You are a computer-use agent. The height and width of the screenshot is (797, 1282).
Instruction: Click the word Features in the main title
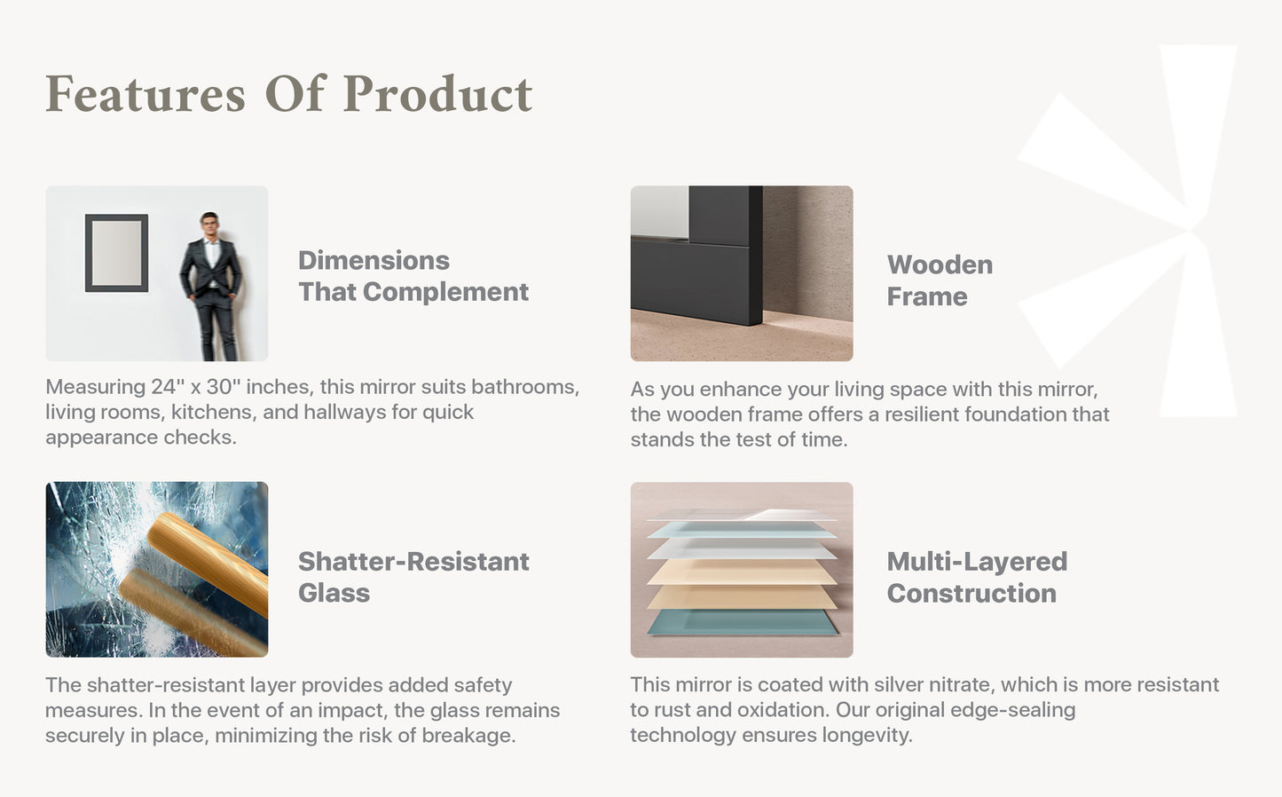tap(146, 93)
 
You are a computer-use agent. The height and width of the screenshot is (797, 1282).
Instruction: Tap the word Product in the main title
tap(437, 93)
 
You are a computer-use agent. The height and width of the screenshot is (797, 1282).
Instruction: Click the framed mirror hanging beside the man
tap(117, 253)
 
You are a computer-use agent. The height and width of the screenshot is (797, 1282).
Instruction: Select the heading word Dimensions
tap(374, 261)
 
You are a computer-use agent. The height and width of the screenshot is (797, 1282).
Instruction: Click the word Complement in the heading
tap(445, 292)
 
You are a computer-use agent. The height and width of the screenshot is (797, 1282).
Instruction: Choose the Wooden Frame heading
tap(940, 280)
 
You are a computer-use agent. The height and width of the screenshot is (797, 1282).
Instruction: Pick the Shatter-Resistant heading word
tap(413, 562)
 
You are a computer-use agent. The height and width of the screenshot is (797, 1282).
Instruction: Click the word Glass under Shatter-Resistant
tap(334, 593)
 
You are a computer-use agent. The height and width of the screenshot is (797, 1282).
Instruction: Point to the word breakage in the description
tap(468, 736)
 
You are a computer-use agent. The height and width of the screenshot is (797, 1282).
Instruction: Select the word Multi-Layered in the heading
tap(977, 562)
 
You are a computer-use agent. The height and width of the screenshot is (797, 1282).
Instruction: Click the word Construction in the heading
tap(971, 593)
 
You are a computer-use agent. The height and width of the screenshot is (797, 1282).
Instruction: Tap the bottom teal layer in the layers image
tap(743, 622)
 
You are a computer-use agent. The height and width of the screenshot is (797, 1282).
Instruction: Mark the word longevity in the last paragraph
tap(867, 736)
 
